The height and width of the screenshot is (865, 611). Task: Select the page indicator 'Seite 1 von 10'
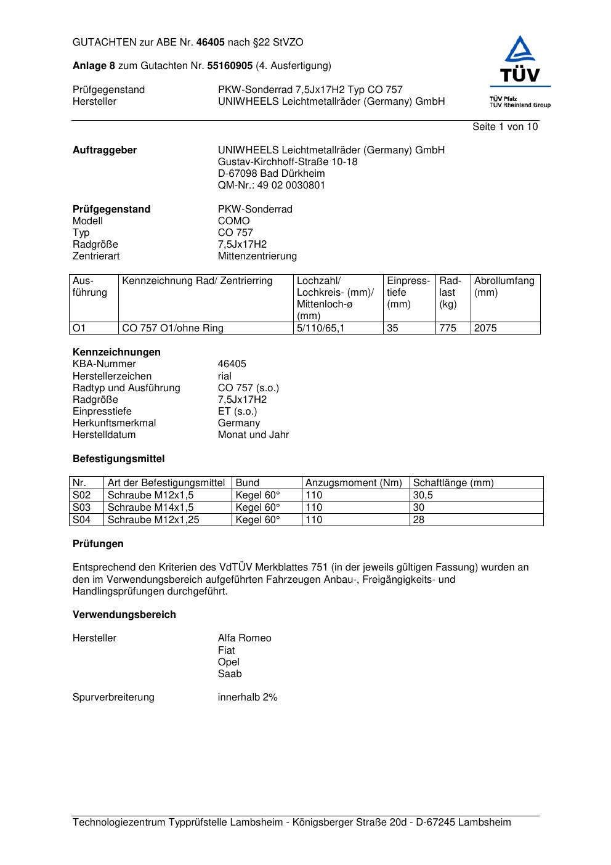504,127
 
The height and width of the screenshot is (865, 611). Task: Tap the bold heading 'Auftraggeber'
105,150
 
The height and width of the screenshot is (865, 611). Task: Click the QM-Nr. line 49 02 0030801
272,185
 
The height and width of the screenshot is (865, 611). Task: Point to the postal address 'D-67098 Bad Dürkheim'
271,174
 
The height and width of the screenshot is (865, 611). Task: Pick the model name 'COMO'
233,221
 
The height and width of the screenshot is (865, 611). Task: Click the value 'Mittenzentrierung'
257,256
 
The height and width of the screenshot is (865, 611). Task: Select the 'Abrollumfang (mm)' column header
504,286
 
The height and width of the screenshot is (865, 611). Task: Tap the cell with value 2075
485,328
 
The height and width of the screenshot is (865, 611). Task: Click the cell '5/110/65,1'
320,328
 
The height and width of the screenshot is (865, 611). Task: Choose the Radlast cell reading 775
448,328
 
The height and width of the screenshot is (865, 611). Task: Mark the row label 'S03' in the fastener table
81,508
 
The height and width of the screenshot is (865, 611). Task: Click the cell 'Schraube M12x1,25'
149,520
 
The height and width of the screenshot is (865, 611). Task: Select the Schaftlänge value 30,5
423,495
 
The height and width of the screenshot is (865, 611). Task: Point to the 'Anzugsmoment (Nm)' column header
354,483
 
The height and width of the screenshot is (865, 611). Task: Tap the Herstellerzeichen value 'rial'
225,376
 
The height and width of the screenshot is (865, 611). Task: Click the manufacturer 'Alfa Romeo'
244,638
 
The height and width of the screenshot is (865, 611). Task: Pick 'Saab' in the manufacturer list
230,674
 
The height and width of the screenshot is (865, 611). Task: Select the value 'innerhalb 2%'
247,697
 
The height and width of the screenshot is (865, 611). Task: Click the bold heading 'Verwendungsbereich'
124,615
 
